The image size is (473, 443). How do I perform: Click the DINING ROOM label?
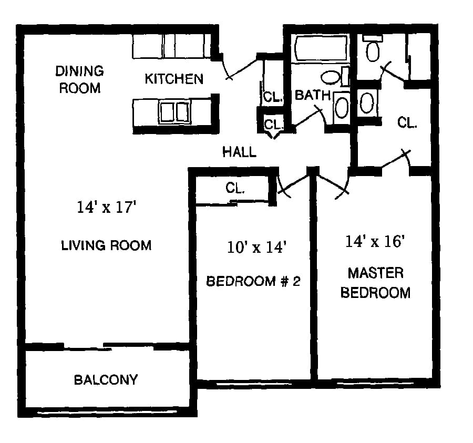[x=80, y=79]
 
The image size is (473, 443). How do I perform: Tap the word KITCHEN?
[x=174, y=79]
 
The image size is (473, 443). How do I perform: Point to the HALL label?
[x=240, y=152]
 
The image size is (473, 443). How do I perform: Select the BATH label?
[x=313, y=95]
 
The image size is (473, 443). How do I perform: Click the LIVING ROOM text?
[x=106, y=245]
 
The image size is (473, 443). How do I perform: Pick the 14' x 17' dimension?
[x=107, y=207]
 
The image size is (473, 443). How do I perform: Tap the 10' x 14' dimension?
[x=256, y=247]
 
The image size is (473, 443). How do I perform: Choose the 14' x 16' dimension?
[x=375, y=241]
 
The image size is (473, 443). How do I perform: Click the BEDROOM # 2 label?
[x=253, y=281]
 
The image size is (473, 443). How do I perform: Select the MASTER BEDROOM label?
[x=376, y=283]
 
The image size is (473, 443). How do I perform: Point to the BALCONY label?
[x=106, y=379]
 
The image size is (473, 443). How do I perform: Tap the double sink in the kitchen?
[x=175, y=112]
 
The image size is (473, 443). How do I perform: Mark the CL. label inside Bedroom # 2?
[x=235, y=188]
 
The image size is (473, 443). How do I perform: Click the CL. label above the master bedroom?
[x=407, y=122]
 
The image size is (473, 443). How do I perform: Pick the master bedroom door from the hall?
[x=333, y=184]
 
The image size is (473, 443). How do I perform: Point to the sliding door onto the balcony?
[x=109, y=347]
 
